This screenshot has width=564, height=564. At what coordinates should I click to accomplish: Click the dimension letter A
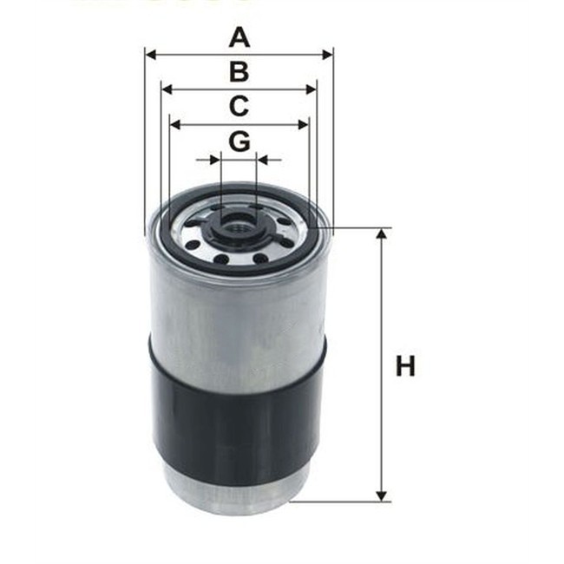coord(239,38)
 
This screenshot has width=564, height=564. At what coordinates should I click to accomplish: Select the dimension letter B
coord(239,71)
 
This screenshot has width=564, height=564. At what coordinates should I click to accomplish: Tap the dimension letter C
coord(239,106)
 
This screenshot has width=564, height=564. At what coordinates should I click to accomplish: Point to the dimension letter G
coord(239,141)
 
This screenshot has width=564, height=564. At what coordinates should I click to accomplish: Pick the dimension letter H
coord(405,365)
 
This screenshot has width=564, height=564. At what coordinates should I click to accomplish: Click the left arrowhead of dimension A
coord(151,55)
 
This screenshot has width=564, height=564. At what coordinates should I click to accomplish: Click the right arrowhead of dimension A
coord(327,55)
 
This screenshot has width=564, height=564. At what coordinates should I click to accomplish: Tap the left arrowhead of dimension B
coord(167,89)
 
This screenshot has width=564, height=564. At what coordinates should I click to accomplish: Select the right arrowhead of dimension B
coord(311,89)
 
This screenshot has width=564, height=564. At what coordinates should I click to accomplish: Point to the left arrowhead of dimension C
coord(175,124)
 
